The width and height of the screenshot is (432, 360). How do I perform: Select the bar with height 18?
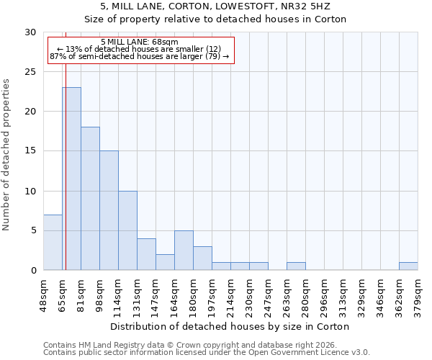[90, 199]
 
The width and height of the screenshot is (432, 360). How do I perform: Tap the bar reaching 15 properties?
[109, 210]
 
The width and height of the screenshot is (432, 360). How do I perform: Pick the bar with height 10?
[127, 230]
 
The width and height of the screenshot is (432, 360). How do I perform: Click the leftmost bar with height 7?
[53, 242]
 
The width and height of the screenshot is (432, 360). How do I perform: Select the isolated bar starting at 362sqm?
[408, 266]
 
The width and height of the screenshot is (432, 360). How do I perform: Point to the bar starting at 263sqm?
[296, 266]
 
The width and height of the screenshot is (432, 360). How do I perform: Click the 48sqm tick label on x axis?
[43, 294]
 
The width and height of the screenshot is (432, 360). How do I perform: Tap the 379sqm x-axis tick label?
[418, 294]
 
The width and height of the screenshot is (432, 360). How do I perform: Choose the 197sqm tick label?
[212, 294]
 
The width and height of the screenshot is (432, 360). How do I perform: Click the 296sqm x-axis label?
[324, 294]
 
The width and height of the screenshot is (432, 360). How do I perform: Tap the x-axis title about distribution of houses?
[230, 326]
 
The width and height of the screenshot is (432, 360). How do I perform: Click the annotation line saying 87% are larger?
[139, 56]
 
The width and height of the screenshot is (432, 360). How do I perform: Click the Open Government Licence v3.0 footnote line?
[207, 353]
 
